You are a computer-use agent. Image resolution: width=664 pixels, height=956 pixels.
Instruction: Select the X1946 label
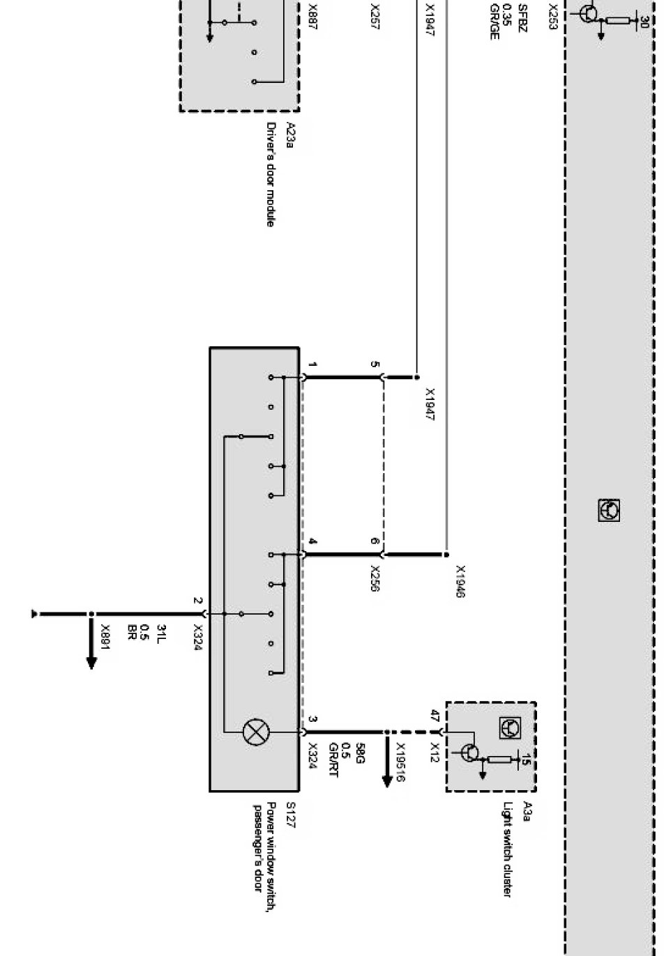(x=460, y=581)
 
